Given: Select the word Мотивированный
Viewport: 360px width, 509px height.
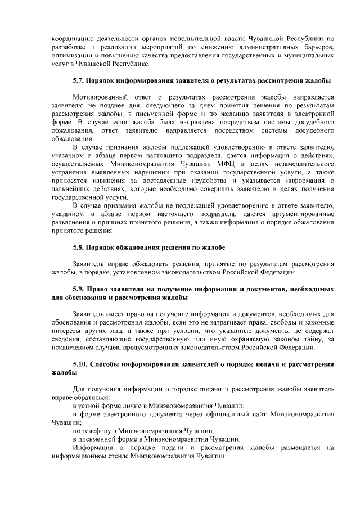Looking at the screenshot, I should (x=100, y=97).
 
